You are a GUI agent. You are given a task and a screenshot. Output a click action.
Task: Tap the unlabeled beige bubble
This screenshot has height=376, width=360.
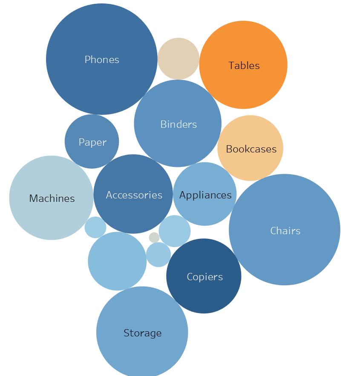pos(179,58)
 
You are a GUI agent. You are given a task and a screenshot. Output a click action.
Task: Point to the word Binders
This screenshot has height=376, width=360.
pos(179,124)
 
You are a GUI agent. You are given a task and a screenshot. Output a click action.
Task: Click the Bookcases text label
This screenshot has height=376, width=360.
pos(251,149)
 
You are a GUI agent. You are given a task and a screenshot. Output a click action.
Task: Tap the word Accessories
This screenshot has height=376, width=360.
pos(134,195)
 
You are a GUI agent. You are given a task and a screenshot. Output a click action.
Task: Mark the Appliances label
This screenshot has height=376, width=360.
pos(205,195)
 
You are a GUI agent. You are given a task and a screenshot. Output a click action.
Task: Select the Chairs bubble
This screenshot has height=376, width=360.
pos(285,251)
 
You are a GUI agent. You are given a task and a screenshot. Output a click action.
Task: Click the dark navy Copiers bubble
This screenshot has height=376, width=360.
pos(204,294)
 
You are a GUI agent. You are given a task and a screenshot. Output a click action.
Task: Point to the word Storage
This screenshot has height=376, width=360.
pos(142,333)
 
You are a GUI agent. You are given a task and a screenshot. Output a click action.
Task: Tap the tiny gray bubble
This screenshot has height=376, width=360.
pos(154,238)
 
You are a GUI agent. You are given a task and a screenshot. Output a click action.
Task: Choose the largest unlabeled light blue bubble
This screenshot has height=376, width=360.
pos(117,261)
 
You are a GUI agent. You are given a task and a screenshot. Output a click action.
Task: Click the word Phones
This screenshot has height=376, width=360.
pos(102,60)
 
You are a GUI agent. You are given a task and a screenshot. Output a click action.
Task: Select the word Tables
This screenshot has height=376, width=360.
pos(244,66)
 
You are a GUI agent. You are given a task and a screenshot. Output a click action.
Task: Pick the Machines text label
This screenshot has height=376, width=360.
pos(52,198)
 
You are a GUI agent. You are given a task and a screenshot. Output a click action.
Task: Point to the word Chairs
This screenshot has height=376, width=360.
pos(285,231)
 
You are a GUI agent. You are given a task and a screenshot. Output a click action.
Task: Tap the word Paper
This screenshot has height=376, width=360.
pos(92,142)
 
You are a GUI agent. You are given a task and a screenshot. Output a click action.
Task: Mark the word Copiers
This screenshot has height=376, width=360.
pos(205,277)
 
